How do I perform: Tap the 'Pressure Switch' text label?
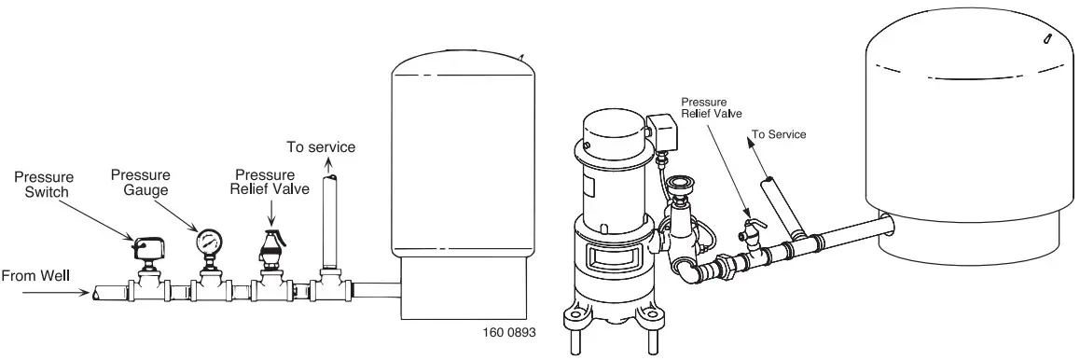[44, 185]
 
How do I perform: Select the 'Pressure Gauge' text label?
[141, 182]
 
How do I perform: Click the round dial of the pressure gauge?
[209, 241]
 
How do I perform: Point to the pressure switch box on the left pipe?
[148, 246]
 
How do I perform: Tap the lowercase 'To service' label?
[321, 147]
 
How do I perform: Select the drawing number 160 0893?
[509, 332]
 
